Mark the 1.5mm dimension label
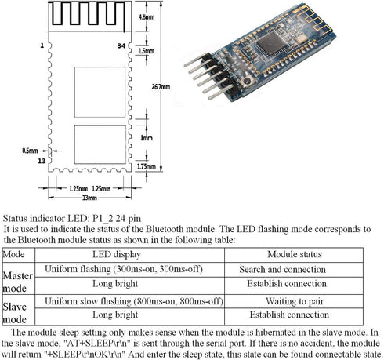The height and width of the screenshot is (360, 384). tap(147, 51)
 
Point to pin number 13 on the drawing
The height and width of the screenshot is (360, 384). tap(43, 160)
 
